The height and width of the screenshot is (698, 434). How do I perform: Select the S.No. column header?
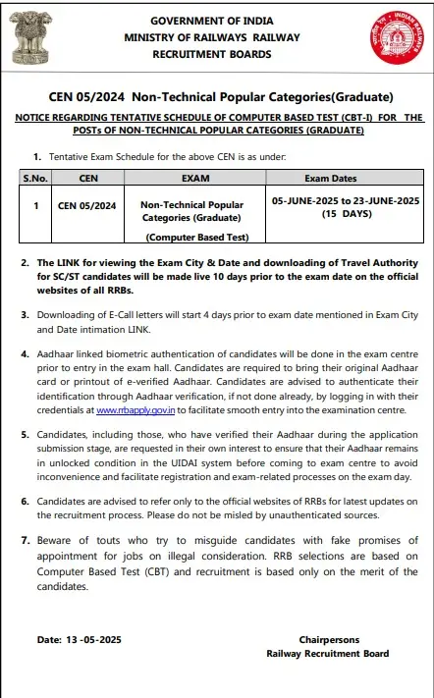(x=35, y=180)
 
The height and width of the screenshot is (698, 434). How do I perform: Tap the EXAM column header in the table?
(x=196, y=180)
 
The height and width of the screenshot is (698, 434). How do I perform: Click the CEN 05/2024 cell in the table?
(x=86, y=206)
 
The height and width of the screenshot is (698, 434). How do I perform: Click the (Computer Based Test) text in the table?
(x=196, y=238)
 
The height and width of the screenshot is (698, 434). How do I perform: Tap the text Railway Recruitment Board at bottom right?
(x=327, y=653)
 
